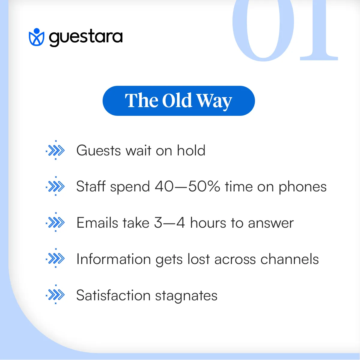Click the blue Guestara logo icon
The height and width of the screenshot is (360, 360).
[36, 37]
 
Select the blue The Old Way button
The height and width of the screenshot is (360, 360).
[178, 101]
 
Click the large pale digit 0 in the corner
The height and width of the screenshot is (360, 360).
[263, 30]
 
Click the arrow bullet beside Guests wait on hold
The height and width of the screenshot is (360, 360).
[55, 150]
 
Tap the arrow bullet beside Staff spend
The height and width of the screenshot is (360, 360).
[55, 187]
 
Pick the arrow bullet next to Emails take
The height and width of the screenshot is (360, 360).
[55, 223]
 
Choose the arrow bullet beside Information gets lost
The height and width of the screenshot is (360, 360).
[55, 259]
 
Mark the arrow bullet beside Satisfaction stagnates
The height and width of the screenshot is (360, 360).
[55, 295]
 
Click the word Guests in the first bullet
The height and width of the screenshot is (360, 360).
[99, 151]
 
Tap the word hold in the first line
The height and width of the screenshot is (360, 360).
[191, 150]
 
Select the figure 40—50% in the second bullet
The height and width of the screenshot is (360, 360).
[187, 187]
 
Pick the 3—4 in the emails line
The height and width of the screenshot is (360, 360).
[169, 223]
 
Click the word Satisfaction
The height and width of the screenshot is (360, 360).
[113, 295]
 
